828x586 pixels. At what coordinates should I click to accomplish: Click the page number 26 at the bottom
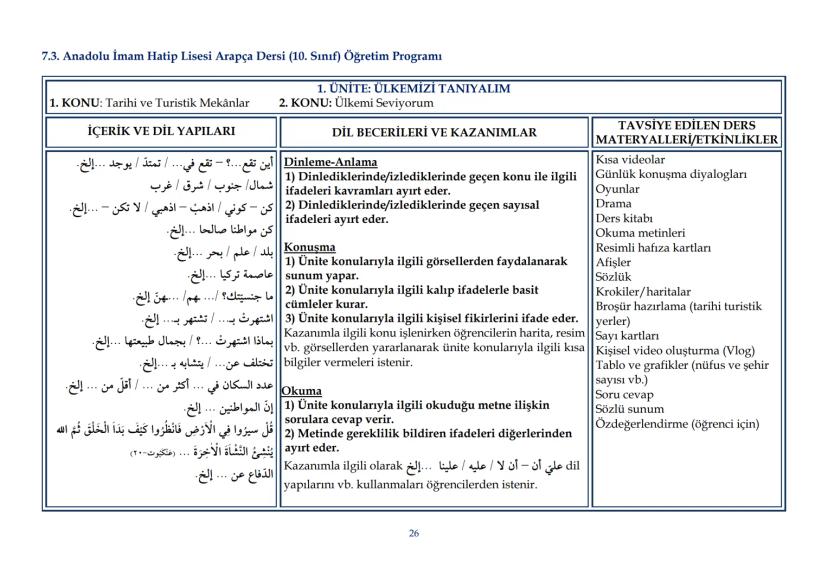pos(414,533)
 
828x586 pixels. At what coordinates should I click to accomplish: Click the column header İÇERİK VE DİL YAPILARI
pos(161,131)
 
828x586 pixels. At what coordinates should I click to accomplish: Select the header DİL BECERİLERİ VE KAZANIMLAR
pos(434,132)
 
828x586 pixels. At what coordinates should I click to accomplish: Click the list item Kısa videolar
pos(629,159)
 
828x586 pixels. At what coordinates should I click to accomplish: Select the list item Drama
pos(613,203)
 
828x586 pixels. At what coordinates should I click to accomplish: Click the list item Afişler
pos(615,262)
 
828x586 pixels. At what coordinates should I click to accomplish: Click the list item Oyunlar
pos(617,188)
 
